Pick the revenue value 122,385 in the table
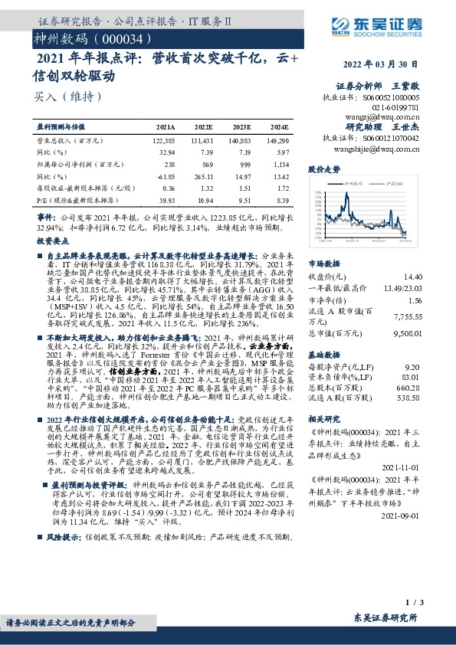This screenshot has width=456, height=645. click(x=164, y=142)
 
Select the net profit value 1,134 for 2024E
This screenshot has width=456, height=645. click(x=280, y=164)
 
